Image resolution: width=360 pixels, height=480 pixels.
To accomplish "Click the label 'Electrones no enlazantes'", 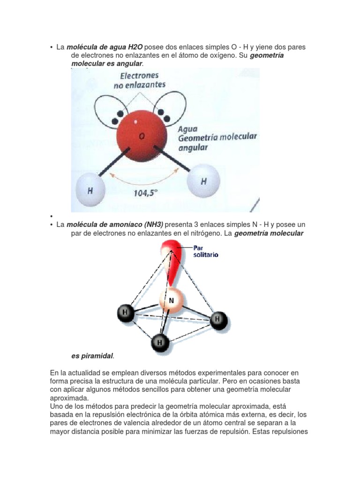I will coord(140,80).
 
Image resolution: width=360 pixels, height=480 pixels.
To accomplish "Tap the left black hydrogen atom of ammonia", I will coord(125,312).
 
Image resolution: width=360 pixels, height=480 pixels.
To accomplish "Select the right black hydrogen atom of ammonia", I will coord(217,320).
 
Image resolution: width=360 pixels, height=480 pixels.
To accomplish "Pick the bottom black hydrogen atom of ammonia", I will coord(160,343).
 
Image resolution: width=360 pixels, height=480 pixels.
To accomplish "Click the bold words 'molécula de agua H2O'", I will coord(105,47).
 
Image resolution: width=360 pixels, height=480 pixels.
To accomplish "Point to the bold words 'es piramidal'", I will coord(92,356).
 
